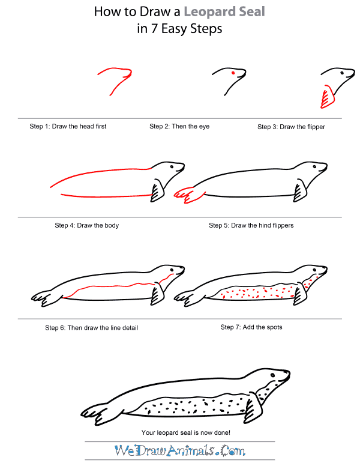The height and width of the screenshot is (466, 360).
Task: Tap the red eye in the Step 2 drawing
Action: click(x=233, y=73)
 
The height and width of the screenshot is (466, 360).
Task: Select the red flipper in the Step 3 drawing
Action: click(x=327, y=96)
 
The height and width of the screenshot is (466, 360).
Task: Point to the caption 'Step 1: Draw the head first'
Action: click(x=68, y=127)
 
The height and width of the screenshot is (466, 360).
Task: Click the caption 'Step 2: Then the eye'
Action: click(x=179, y=127)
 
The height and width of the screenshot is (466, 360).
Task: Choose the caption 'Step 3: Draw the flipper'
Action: click(x=291, y=127)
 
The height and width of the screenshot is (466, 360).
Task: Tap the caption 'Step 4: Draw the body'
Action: click(x=86, y=226)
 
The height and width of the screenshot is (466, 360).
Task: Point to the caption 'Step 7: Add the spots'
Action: click(x=251, y=327)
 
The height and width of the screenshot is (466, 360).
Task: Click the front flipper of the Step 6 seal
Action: click(x=158, y=295)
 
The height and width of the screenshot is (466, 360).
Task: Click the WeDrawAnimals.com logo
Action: click(x=180, y=450)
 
